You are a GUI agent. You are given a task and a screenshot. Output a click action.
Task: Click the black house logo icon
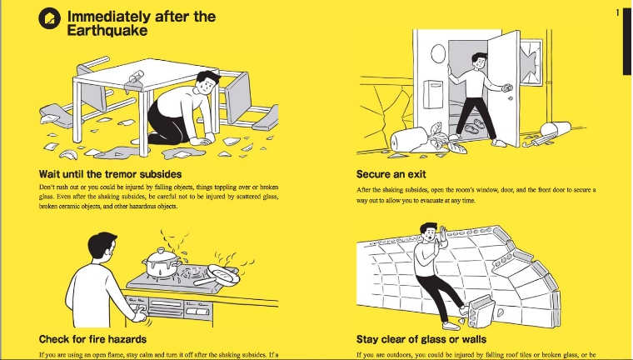50,18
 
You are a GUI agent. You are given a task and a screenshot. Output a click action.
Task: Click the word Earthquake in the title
107,31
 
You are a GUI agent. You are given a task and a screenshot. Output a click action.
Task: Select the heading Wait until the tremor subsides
110,174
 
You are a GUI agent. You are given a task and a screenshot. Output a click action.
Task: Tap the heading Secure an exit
391,174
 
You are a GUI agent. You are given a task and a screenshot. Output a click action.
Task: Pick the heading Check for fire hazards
92,339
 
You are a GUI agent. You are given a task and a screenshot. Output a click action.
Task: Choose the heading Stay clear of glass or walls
421,339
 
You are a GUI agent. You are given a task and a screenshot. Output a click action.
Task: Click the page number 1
617,13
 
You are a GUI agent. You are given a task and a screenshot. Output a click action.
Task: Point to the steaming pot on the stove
161,262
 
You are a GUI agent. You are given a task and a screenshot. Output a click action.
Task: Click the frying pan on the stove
217,277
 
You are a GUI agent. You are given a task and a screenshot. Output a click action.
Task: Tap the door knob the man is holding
507,87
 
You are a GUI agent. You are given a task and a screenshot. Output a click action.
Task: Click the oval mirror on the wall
438,53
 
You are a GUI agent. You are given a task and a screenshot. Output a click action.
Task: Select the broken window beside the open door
531,62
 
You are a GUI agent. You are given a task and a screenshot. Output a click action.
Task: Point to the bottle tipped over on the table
135,79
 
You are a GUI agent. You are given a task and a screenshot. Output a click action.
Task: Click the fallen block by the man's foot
481,310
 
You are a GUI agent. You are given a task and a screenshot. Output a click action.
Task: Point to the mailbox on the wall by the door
433,94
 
